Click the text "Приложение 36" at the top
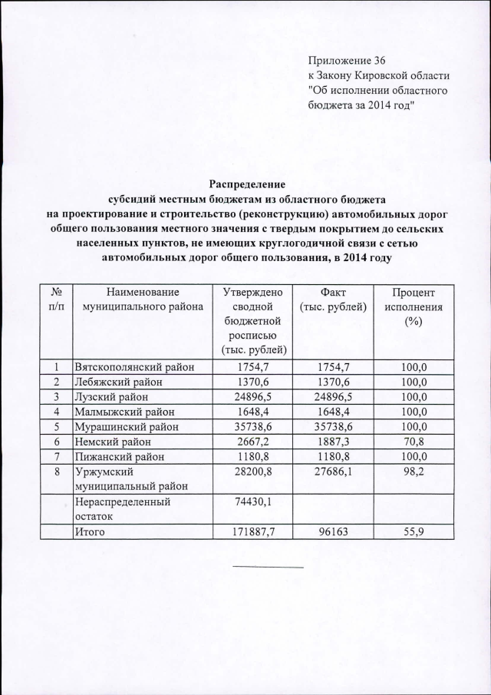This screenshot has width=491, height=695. tap(348, 61)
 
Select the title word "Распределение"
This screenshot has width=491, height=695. tap(247, 184)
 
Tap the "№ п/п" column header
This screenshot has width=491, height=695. tap(55, 300)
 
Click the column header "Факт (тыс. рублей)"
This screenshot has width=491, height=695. tap(331, 300)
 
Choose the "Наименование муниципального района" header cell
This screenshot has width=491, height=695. tap(144, 300)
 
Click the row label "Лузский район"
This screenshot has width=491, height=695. tap(108, 396)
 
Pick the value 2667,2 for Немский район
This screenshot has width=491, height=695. tap(253, 441)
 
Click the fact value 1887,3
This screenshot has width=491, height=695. tap(331, 441)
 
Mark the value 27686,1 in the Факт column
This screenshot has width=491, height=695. tap(331, 472)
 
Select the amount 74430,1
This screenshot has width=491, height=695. tap(253, 501)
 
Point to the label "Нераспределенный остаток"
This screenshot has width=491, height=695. tap(120, 508)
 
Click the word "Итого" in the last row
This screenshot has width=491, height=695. tap(89, 531)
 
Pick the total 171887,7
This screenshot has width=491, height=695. tap(253, 531)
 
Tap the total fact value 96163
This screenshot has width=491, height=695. tap(331, 531)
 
